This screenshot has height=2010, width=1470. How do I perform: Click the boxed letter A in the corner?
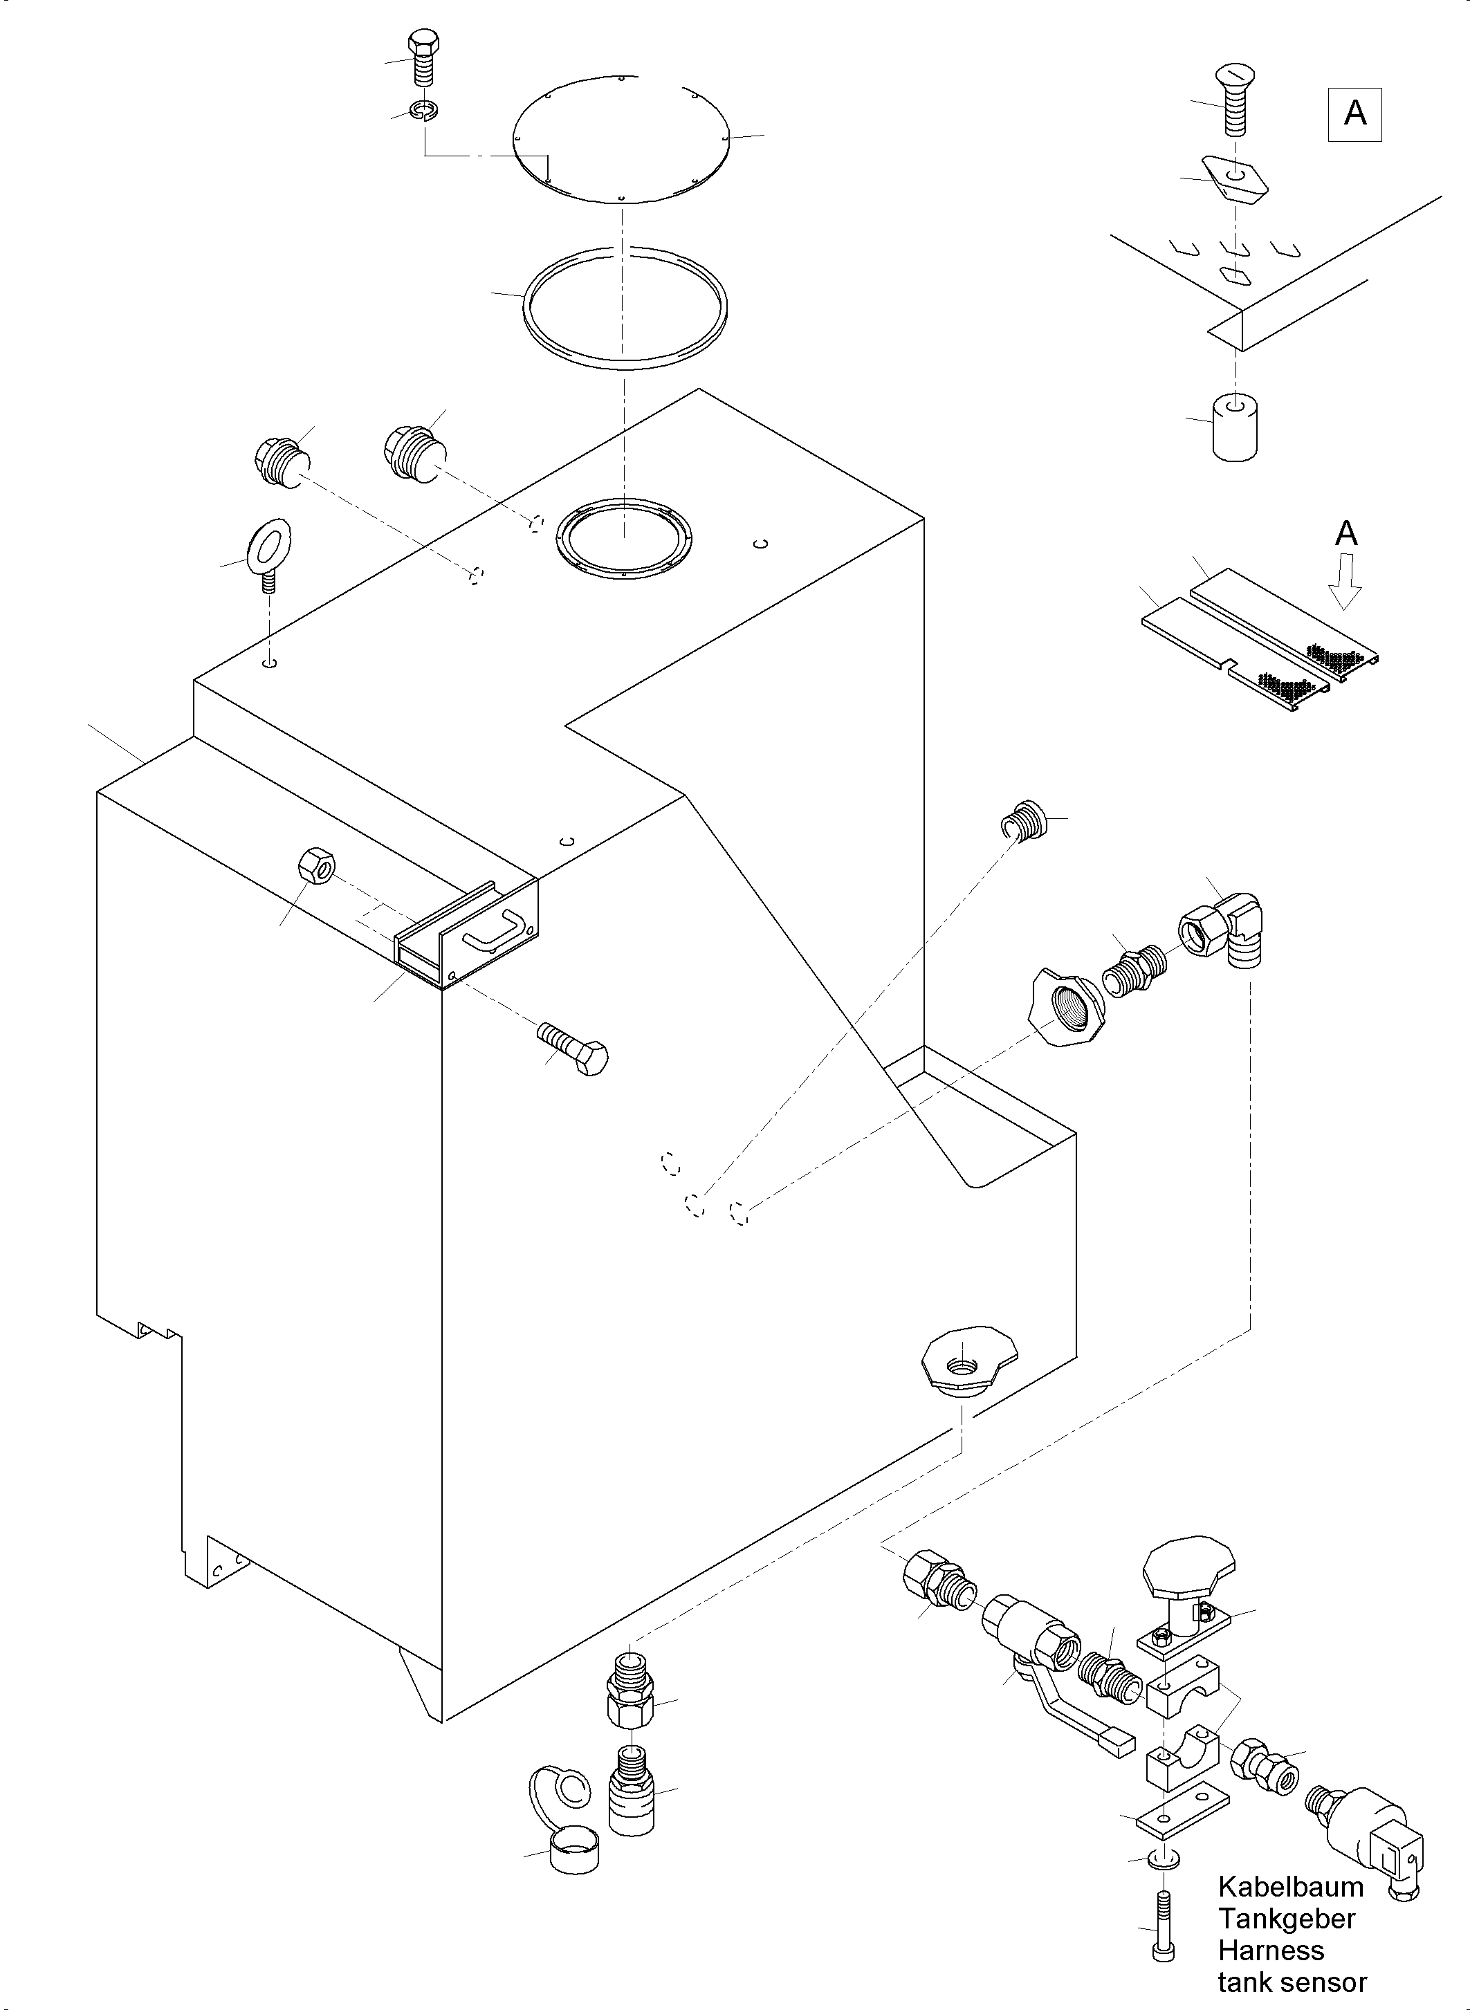tap(1354, 114)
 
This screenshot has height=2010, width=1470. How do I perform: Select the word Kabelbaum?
tap(1290, 1886)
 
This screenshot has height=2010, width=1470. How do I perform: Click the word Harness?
tap(1271, 1951)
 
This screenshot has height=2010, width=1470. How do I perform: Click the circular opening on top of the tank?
tap(623, 538)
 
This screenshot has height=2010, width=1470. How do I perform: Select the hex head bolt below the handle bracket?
tap(575, 1050)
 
